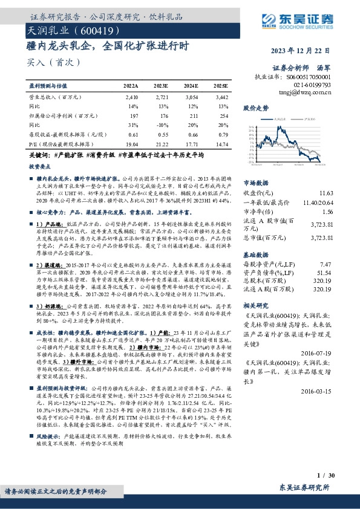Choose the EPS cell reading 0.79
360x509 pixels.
223,134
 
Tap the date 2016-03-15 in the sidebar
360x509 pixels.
335,391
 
